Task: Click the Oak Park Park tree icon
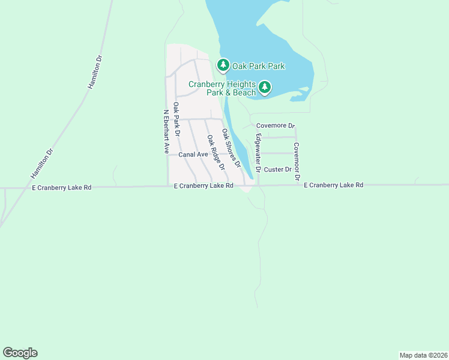(x=223, y=64)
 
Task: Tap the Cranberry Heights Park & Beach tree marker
(x=265, y=88)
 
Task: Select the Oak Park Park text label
(x=259, y=66)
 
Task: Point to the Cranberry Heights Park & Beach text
(x=222, y=88)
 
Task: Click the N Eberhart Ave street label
(x=166, y=131)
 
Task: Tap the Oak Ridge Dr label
(x=215, y=152)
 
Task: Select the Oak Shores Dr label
(x=231, y=148)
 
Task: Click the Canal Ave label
(x=193, y=154)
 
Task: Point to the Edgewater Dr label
(x=258, y=154)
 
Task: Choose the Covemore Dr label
(x=276, y=126)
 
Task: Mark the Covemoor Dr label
(x=296, y=157)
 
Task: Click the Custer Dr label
(x=278, y=170)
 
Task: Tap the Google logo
(x=20, y=353)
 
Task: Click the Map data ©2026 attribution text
(x=423, y=355)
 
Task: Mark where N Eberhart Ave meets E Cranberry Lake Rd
(x=167, y=186)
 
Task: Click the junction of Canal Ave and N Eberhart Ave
(x=167, y=154)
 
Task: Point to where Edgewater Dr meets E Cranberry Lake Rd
(x=259, y=185)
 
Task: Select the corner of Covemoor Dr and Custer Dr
(x=296, y=170)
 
